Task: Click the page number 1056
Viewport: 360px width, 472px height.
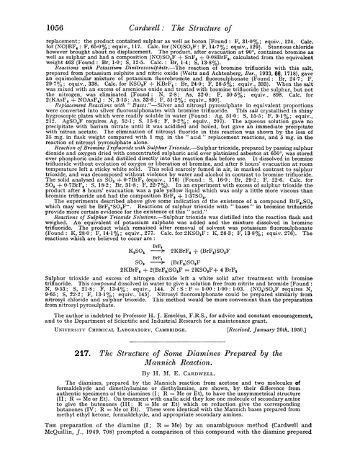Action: point(28,9)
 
